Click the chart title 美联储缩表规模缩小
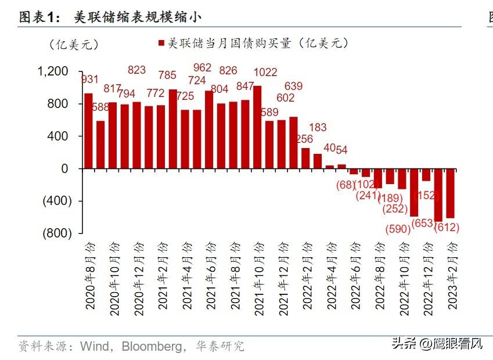[x=138, y=17]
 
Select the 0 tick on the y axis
[x=64, y=168]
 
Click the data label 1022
[x=266, y=73]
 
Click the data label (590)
[x=398, y=229]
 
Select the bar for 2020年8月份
[x=88, y=131]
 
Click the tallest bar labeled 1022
[x=257, y=127]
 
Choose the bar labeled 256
[x=305, y=158]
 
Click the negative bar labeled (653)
[x=438, y=195]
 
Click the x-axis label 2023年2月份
[x=452, y=278]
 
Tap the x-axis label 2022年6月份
[x=355, y=278]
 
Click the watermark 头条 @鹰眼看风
[x=436, y=344]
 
